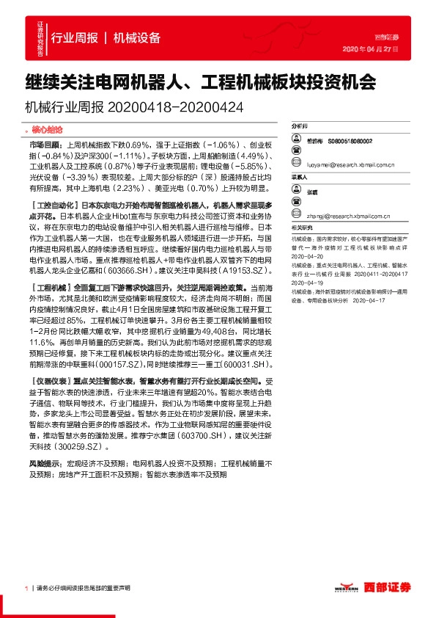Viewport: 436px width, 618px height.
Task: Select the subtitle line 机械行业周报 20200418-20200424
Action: [x=134, y=107]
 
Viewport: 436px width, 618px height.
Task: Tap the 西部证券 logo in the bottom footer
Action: [x=386, y=586]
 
